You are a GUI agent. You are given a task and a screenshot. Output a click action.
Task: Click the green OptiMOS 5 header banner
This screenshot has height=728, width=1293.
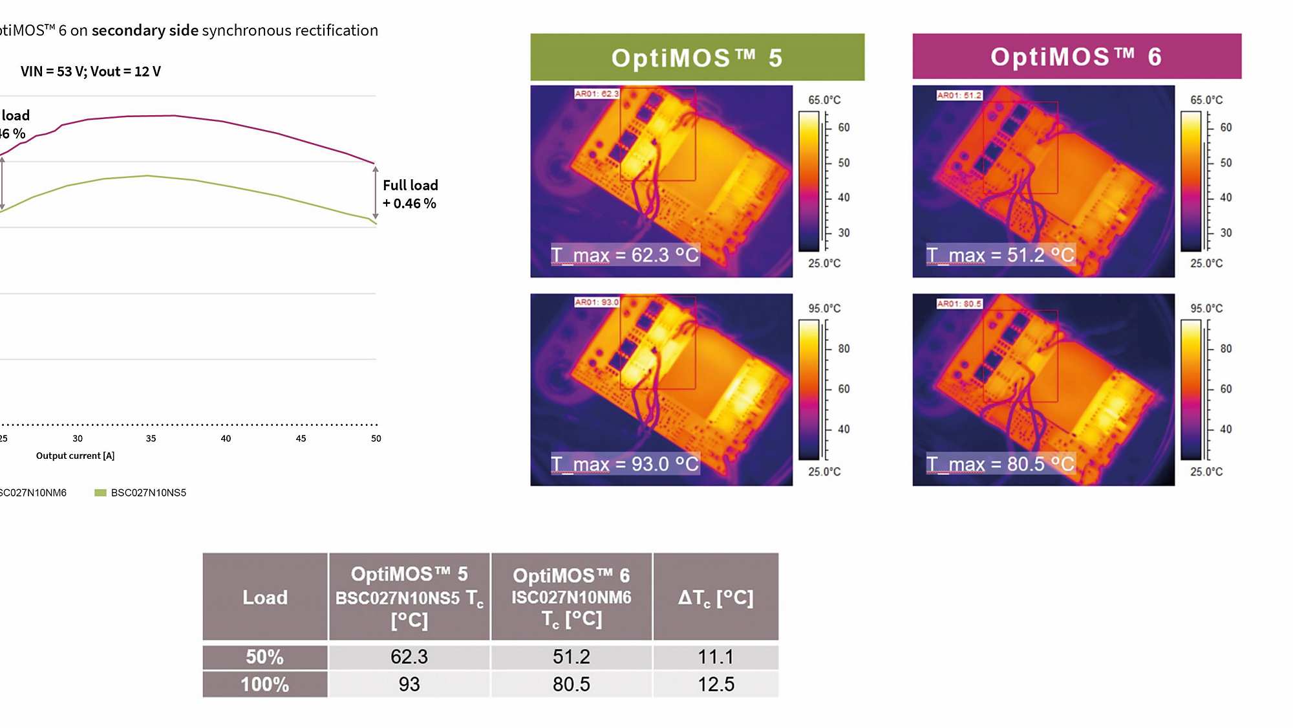click(697, 58)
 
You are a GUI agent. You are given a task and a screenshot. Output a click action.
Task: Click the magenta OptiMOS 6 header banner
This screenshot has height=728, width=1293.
click(1076, 57)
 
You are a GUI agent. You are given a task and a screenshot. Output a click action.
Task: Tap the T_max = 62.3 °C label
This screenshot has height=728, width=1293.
click(625, 255)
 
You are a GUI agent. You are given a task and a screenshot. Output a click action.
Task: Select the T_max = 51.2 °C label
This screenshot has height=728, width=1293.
click(1000, 255)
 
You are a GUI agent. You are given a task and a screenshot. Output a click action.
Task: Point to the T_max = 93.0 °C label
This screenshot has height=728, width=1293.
click(625, 464)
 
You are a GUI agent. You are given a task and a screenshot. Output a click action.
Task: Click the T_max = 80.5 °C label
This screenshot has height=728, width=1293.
click(1000, 464)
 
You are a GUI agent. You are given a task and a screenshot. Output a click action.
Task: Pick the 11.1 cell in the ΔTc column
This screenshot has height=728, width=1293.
click(716, 657)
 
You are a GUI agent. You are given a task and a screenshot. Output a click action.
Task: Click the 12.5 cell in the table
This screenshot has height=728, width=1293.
click(716, 684)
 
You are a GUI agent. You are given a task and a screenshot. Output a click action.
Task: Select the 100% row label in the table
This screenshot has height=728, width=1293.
click(264, 684)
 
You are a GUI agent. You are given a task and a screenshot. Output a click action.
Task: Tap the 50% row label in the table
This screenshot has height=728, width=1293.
click(264, 657)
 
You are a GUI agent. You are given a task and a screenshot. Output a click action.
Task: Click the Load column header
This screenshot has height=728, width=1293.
click(265, 597)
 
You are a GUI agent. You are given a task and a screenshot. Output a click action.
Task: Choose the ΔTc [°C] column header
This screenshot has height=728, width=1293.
click(716, 597)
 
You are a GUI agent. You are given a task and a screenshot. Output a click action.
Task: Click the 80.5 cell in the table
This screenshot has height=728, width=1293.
click(572, 684)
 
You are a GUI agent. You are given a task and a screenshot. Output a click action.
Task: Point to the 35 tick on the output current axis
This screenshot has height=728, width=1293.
click(151, 439)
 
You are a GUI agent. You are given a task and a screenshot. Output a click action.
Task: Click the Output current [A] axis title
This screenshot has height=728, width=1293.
click(75, 456)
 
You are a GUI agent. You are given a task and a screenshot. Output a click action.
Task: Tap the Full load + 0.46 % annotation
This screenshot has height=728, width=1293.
click(410, 194)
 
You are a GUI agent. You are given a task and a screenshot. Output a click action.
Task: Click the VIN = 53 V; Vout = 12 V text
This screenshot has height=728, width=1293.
click(91, 71)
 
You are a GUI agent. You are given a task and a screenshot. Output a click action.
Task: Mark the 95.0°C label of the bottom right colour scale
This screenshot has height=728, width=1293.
click(1206, 309)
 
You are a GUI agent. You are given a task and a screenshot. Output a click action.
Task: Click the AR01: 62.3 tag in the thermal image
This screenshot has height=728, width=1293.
click(596, 94)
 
